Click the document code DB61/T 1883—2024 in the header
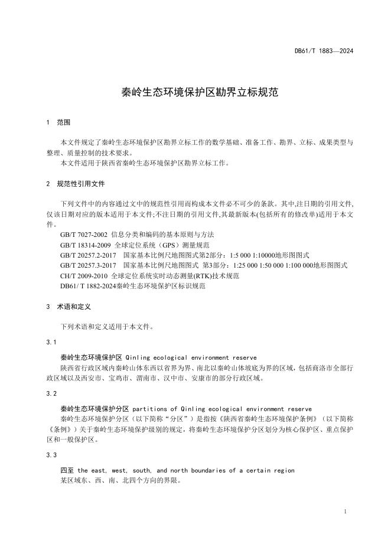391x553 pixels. pyautogui.click(x=324, y=51)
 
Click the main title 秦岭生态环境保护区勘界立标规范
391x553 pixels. pyautogui.click(x=195, y=92)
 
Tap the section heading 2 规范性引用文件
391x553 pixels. pyautogui.click(x=75, y=184)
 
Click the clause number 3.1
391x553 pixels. pyautogui.click(x=51, y=343)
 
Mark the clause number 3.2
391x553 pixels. pyautogui.click(x=51, y=393)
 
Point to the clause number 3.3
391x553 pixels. pyautogui.click(x=51, y=455)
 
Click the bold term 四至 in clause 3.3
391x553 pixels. pyautogui.click(x=67, y=470)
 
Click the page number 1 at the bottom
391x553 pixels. pyautogui.click(x=344, y=511)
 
